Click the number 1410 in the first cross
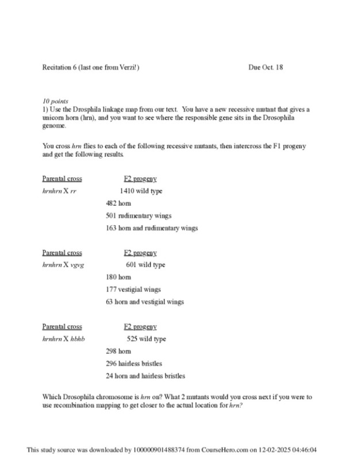point(127,191)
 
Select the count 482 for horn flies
point(111,203)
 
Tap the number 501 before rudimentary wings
point(111,216)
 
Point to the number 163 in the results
point(111,228)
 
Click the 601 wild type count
point(131,265)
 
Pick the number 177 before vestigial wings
point(111,290)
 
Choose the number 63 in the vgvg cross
point(109,302)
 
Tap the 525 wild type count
point(132,339)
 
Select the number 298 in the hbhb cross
point(111,351)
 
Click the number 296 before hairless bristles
point(111,364)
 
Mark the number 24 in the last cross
point(109,376)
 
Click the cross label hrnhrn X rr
point(59,191)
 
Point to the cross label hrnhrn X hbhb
point(64,339)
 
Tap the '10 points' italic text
point(55,101)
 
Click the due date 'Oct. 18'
point(273,67)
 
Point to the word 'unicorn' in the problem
point(54,117)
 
